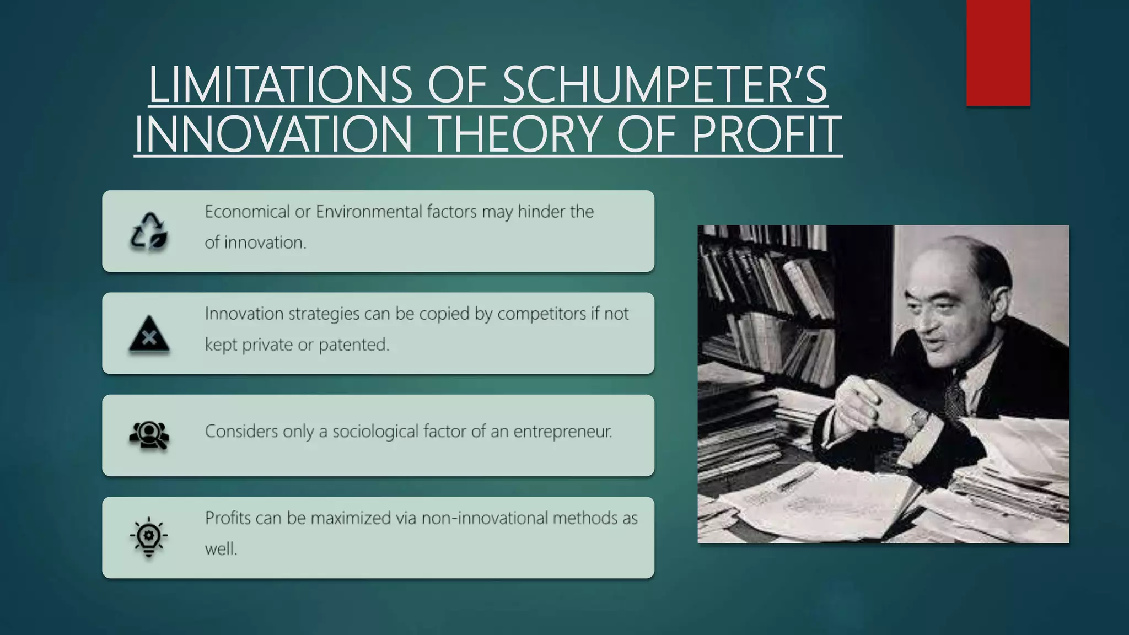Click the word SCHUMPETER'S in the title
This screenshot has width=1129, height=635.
(x=665, y=85)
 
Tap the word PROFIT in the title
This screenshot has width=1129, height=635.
(x=766, y=135)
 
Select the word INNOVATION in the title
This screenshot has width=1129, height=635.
(x=273, y=135)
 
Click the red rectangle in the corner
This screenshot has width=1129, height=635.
(x=998, y=53)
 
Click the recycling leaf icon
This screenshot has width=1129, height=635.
(x=149, y=232)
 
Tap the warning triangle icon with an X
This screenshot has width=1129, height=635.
(x=149, y=335)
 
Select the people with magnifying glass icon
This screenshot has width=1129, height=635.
(x=149, y=435)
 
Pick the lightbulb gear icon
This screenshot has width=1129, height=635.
(x=149, y=537)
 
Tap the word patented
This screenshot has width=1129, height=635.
(x=353, y=345)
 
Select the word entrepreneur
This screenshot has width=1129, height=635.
(x=562, y=431)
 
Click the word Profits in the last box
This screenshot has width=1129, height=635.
(x=227, y=518)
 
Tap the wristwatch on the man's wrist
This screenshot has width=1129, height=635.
(x=917, y=422)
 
